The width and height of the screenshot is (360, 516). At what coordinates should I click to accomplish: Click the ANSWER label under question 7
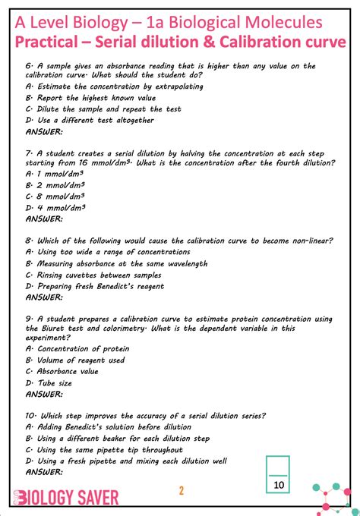(x=44, y=219)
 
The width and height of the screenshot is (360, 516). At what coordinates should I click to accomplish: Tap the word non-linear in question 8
(x=303, y=241)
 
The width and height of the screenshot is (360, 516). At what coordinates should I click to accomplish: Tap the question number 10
(x=30, y=416)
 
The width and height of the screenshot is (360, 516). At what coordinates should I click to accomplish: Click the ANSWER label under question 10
(x=44, y=472)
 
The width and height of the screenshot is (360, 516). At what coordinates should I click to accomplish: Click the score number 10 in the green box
(x=279, y=484)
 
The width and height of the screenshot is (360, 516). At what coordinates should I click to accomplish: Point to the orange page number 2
(x=182, y=490)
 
